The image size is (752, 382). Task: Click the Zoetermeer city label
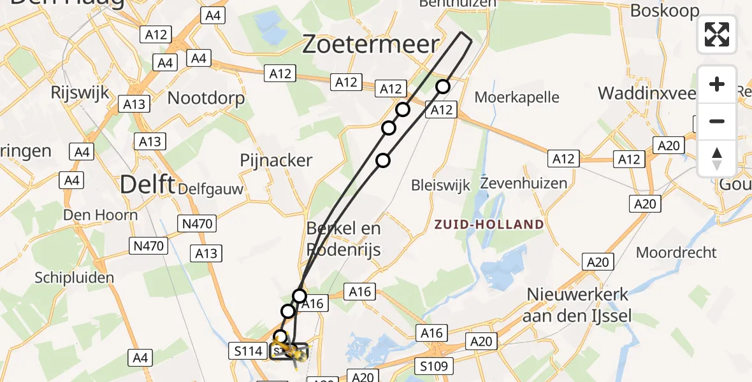click(370, 45)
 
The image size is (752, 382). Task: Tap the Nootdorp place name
click(206, 98)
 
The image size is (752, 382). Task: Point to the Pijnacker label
click(276, 160)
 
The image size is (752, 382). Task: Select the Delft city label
click(147, 185)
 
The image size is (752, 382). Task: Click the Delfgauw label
click(210, 188)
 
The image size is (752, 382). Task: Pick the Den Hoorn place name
click(100, 215)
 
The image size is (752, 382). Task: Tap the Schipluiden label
click(75, 277)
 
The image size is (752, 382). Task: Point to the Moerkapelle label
click(517, 97)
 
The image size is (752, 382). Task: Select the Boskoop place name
click(664, 10)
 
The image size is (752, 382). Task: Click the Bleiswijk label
click(440, 185)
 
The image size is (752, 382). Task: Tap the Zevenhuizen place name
click(523, 183)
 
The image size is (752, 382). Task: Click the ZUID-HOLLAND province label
click(489, 224)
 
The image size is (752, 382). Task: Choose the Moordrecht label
click(676, 252)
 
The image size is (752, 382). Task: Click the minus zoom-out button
click(717, 121)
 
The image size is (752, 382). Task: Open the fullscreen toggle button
click(717, 34)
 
